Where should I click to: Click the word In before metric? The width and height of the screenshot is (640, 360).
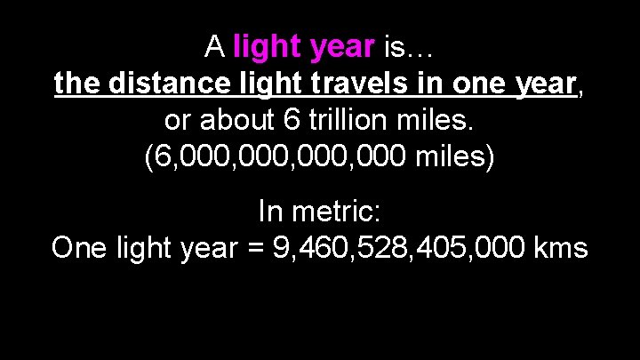(x=270, y=211)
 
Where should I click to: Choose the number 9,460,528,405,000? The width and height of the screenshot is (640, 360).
(x=398, y=248)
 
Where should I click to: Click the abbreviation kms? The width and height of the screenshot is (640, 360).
(x=562, y=248)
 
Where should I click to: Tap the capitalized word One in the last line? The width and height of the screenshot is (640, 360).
(x=79, y=248)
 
